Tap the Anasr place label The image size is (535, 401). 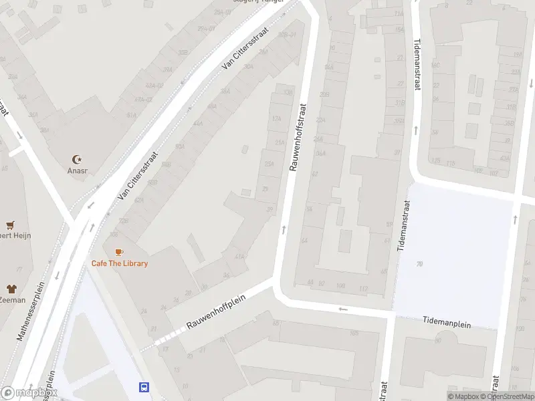click(77, 170)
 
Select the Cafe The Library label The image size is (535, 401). click(120, 263)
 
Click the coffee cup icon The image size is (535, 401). click(119, 251)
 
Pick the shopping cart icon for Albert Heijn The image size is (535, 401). click(10, 225)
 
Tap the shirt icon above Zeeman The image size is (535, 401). click(11, 289)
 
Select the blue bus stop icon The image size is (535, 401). click(143, 387)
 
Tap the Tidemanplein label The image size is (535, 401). click(447, 323)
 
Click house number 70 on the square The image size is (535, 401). click(420, 265)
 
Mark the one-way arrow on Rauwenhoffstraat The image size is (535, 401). click(284, 230)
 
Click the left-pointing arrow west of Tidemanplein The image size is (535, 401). click(343, 309)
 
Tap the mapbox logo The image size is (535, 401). click(28, 393)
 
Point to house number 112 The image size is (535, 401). click(363, 289)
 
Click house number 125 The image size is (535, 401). click(436, 161)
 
